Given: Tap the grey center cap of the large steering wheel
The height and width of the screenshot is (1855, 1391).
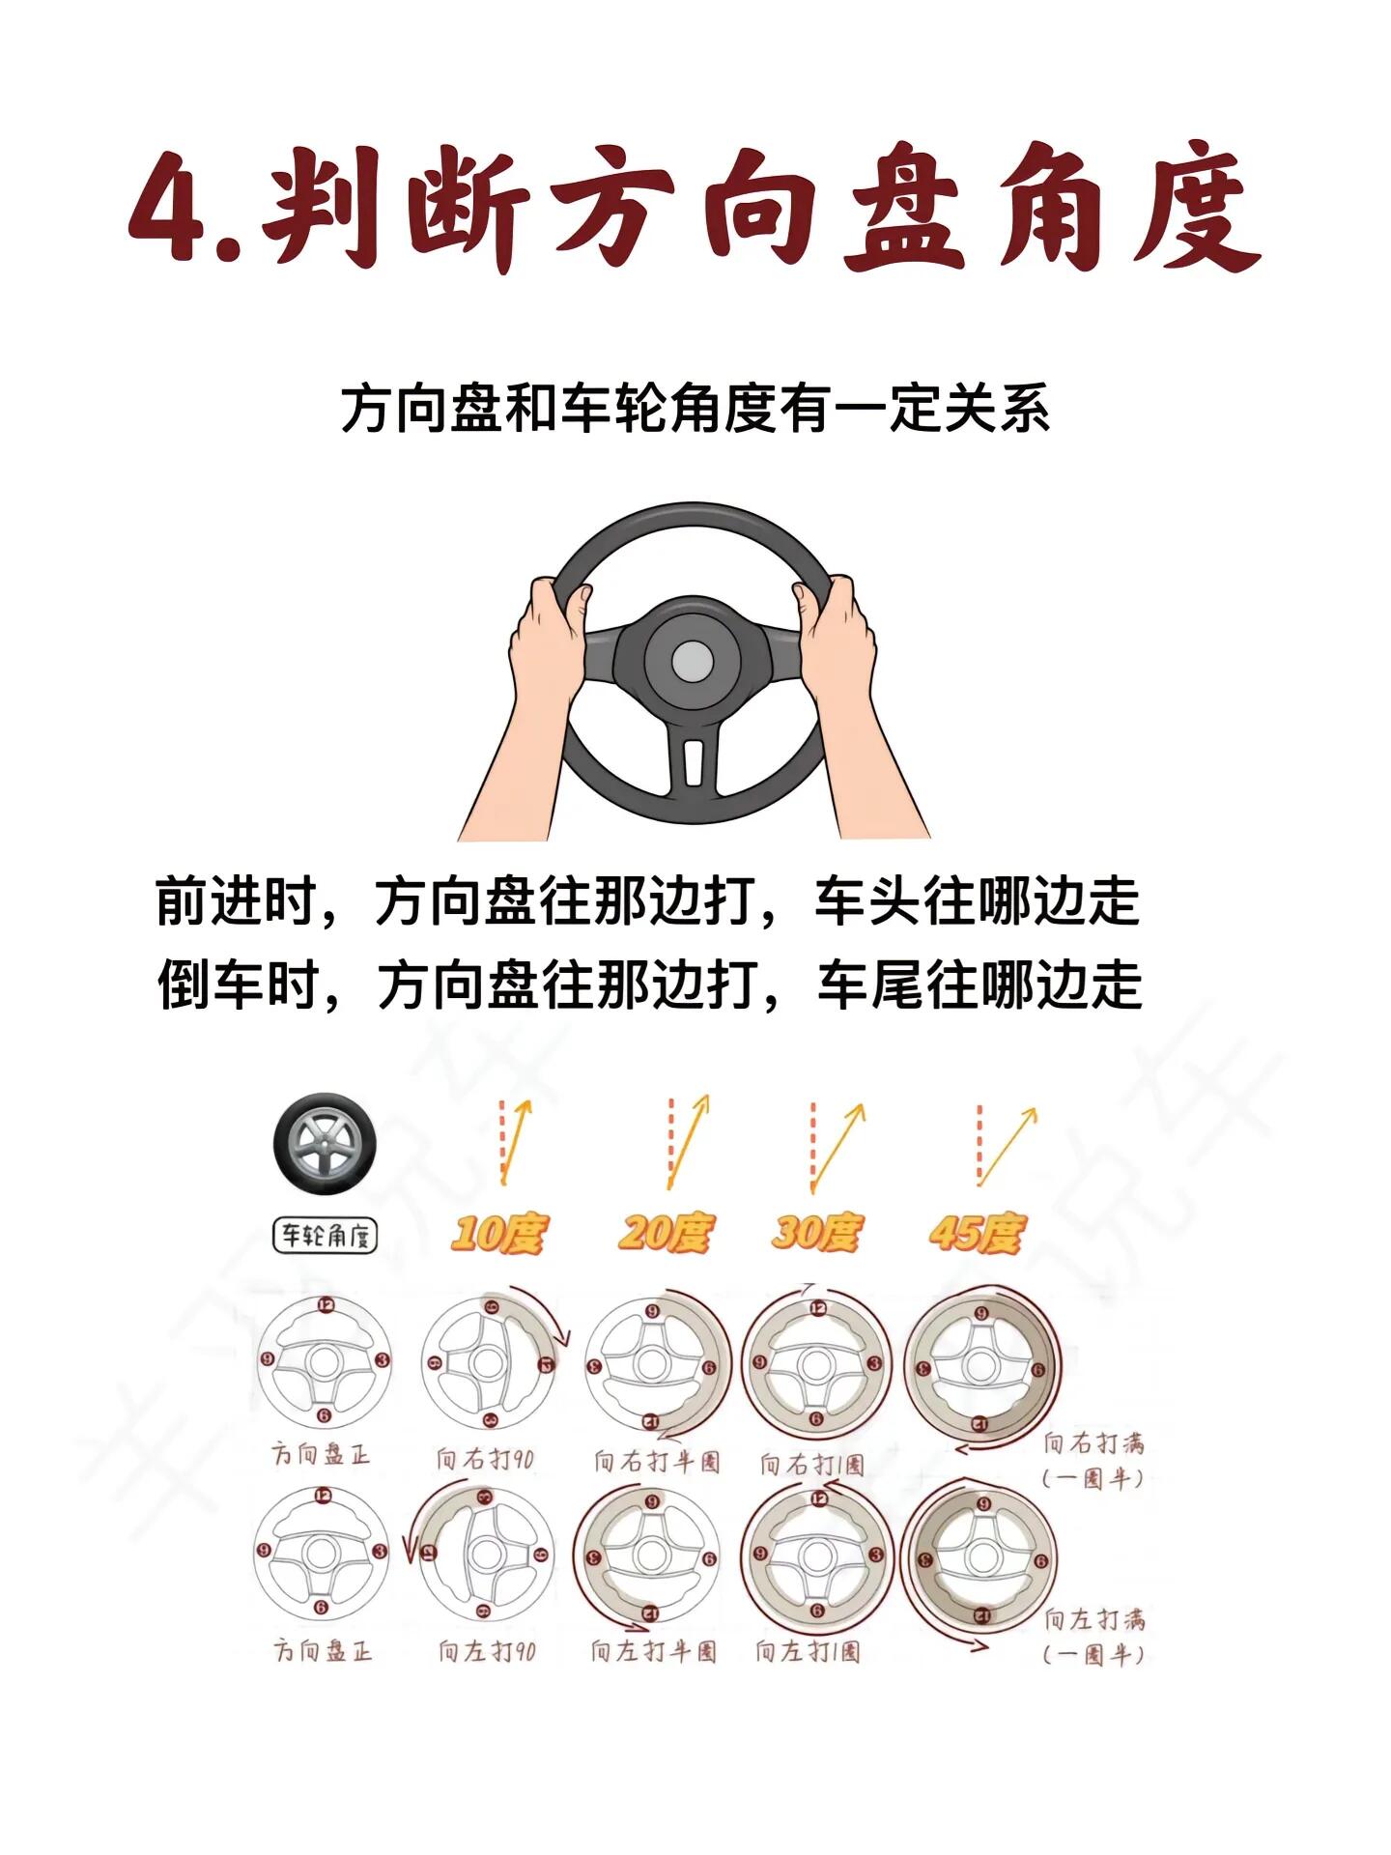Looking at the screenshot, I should coord(693,662).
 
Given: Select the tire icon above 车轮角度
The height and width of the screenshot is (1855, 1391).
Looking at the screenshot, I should coord(325,1145).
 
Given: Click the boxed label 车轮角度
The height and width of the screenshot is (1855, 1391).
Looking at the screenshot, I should coord(325,1236).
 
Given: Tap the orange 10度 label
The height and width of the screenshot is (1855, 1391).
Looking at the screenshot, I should coord(498,1235).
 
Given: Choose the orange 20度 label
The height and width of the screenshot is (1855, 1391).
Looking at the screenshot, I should coord(666,1234).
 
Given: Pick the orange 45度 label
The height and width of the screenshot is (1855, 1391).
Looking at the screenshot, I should coord(976,1234).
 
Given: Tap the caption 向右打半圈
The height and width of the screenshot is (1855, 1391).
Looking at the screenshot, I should coord(657,1461).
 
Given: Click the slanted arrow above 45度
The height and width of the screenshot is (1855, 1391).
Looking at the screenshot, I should coord(1008,1147).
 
